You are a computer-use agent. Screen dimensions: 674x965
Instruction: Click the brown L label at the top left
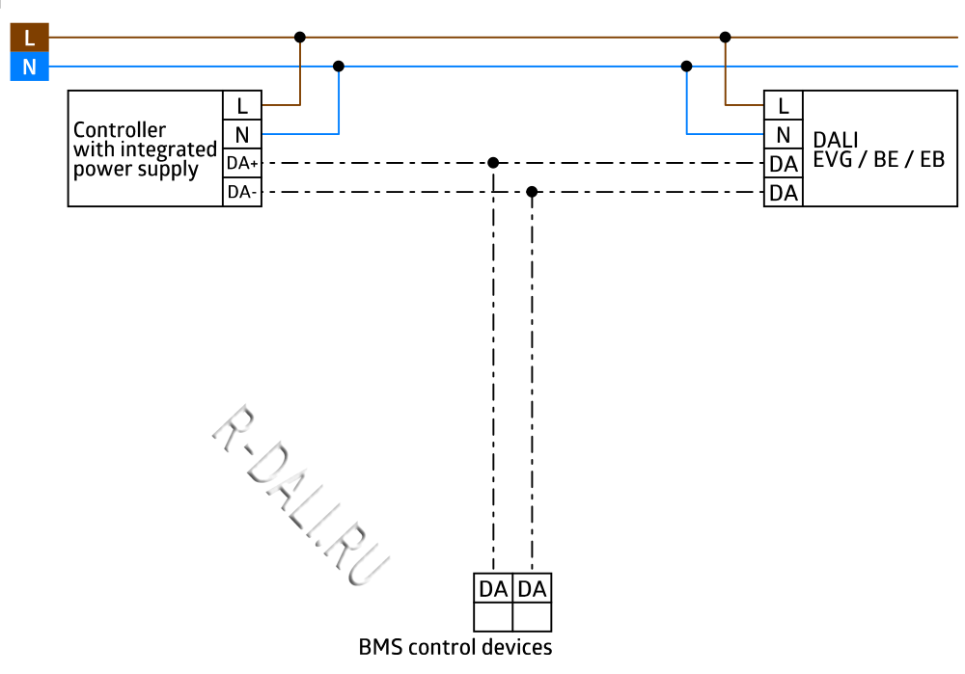29,38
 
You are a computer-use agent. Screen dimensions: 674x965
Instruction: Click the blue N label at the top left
29,67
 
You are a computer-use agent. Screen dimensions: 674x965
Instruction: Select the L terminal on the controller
242,105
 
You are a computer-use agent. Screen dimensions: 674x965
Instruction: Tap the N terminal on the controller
242,134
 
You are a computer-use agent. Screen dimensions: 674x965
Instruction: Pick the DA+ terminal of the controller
242,163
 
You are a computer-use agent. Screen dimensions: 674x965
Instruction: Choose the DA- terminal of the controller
242,192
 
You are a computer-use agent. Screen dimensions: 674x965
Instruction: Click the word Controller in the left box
120,130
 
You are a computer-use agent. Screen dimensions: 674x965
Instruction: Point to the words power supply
136,170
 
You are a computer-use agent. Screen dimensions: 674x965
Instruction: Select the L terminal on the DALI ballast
784,105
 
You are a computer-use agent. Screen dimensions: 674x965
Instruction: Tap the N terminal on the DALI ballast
784,134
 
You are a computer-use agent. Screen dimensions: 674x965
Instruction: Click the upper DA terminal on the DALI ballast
784,164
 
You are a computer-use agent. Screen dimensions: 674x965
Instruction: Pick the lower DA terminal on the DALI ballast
784,193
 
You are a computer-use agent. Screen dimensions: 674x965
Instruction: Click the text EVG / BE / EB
878,160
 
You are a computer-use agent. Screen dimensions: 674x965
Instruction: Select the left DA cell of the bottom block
493,588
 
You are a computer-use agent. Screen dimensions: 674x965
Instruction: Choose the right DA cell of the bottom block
532,588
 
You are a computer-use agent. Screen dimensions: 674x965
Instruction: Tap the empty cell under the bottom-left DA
493,617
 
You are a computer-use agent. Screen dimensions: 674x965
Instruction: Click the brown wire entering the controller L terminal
281,104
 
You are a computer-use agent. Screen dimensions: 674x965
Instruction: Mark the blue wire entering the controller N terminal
299,133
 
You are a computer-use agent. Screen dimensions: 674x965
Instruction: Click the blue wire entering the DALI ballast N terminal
724,133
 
